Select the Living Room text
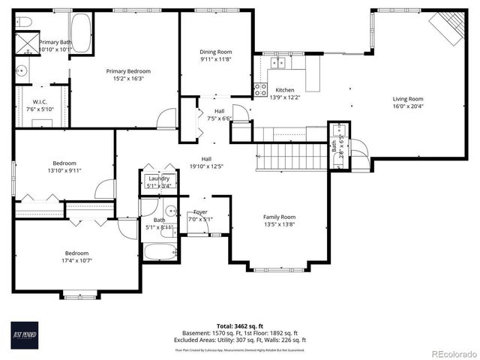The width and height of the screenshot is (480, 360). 408,98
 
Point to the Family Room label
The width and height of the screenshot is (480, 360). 279,216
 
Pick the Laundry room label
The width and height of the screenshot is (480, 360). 158,178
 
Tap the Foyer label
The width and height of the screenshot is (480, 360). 200,212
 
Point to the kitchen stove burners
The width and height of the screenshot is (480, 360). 260,91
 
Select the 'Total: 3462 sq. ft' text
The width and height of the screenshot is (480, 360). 241,325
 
